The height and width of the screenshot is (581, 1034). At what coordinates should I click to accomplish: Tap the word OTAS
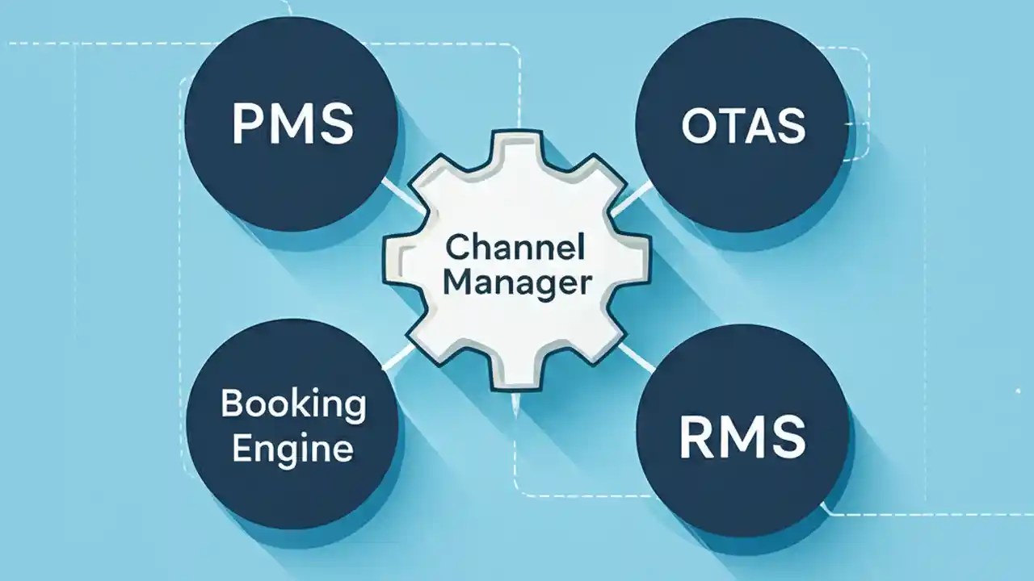point(743,127)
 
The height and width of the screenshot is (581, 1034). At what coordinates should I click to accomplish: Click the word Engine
point(292,448)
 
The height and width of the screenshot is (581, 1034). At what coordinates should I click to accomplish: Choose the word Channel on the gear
point(515,248)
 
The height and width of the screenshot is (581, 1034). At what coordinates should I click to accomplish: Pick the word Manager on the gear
point(517,284)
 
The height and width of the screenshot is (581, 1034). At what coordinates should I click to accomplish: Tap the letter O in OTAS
point(697,127)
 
